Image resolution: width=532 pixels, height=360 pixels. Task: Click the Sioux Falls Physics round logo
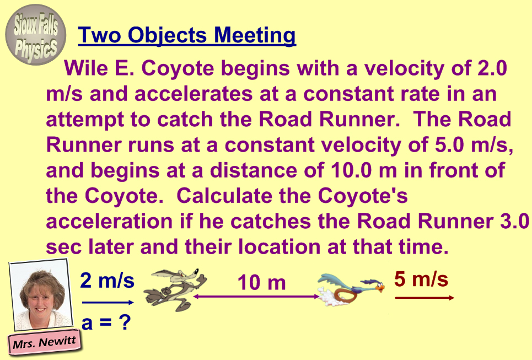[36, 35]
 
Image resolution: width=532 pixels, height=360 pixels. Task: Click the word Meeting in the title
[255, 36]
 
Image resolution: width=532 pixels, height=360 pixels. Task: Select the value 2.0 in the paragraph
[492, 68]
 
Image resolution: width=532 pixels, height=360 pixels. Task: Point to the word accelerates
[194, 94]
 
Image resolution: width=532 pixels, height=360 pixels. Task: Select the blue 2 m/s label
[107, 281]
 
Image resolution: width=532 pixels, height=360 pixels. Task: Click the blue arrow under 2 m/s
[108, 302]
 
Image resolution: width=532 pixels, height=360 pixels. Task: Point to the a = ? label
[106, 323]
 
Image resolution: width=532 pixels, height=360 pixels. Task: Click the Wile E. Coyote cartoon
[175, 289]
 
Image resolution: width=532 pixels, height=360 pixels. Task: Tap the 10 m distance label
[261, 282]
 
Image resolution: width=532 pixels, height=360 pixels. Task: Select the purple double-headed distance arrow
[256, 297]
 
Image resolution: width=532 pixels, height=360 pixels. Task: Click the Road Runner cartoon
[351, 288]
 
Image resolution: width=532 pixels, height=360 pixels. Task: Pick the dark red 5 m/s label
[421, 279]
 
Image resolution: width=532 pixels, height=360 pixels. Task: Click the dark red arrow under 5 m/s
[424, 298]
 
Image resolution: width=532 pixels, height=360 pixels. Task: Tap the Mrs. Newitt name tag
[44, 342]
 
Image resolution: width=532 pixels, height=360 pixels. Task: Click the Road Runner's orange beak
[381, 288]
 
